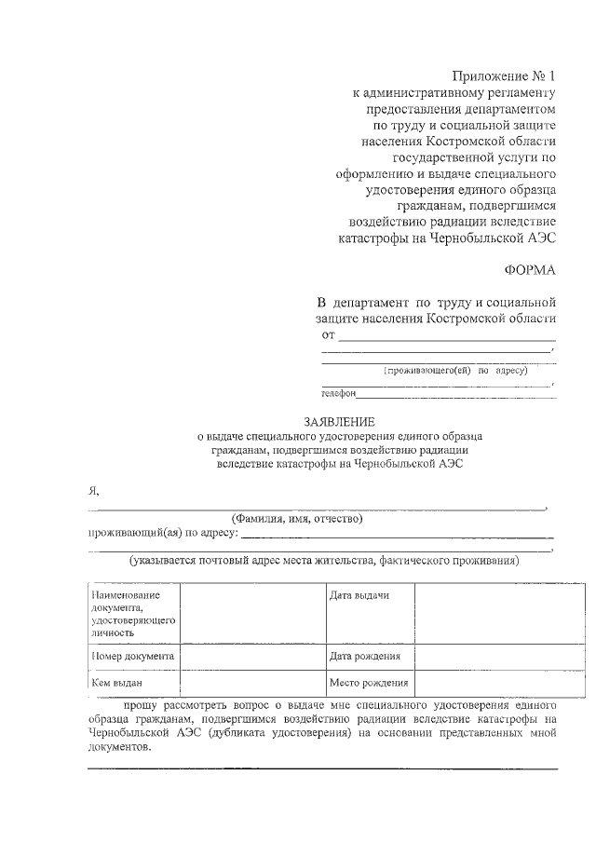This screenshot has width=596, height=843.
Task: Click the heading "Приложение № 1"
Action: pyautogui.click(x=503, y=75)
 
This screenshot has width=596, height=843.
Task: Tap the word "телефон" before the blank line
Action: pyautogui.click(x=340, y=394)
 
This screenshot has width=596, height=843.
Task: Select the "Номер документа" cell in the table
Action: pyautogui.click(x=132, y=656)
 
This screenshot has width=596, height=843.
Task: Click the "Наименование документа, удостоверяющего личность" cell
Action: pyautogui.click(x=132, y=613)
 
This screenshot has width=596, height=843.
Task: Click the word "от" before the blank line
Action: pyautogui.click(x=328, y=335)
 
